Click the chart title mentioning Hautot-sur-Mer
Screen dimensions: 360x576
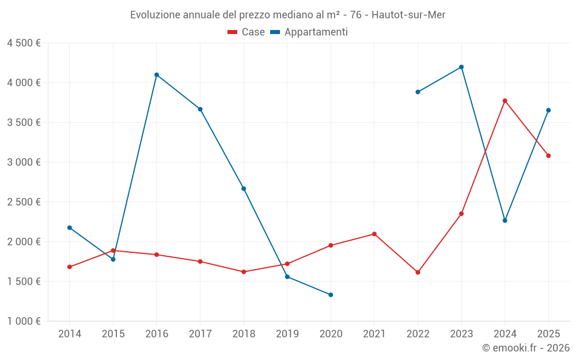click(x=287, y=14)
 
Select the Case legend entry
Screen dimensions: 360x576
click(x=247, y=32)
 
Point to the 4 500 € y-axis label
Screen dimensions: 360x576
click(x=24, y=43)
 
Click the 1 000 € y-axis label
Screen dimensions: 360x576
click(x=24, y=321)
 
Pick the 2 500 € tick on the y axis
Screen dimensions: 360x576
click(x=24, y=202)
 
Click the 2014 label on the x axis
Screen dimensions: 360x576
click(x=69, y=334)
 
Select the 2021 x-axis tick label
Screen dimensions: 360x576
click(x=374, y=334)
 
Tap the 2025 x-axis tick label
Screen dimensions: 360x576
click(x=548, y=334)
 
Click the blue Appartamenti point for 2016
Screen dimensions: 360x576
click(x=157, y=75)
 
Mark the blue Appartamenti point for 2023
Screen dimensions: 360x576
click(x=461, y=67)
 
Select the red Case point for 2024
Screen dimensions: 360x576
click(x=505, y=101)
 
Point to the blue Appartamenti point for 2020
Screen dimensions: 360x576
click(x=331, y=295)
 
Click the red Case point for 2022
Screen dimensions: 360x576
click(x=418, y=272)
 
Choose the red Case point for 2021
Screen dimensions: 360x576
click(x=374, y=234)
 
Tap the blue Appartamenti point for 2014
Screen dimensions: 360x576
click(x=70, y=228)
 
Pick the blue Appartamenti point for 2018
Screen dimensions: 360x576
click(x=244, y=188)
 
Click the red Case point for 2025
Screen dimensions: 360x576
click(x=548, y=156)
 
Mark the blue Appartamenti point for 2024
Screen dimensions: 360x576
click(x=505, y=221)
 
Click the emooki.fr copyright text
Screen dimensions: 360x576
click(x=525, y=348)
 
